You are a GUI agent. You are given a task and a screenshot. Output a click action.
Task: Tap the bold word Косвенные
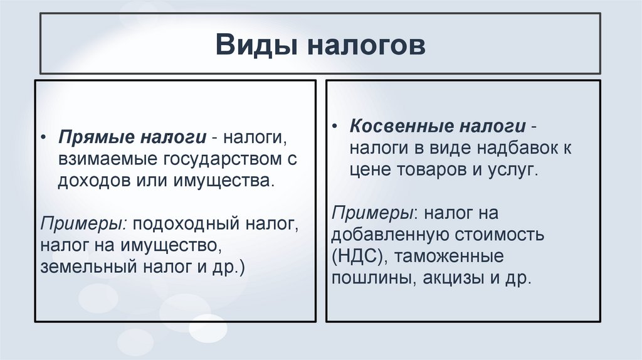[x=401, y=127]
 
